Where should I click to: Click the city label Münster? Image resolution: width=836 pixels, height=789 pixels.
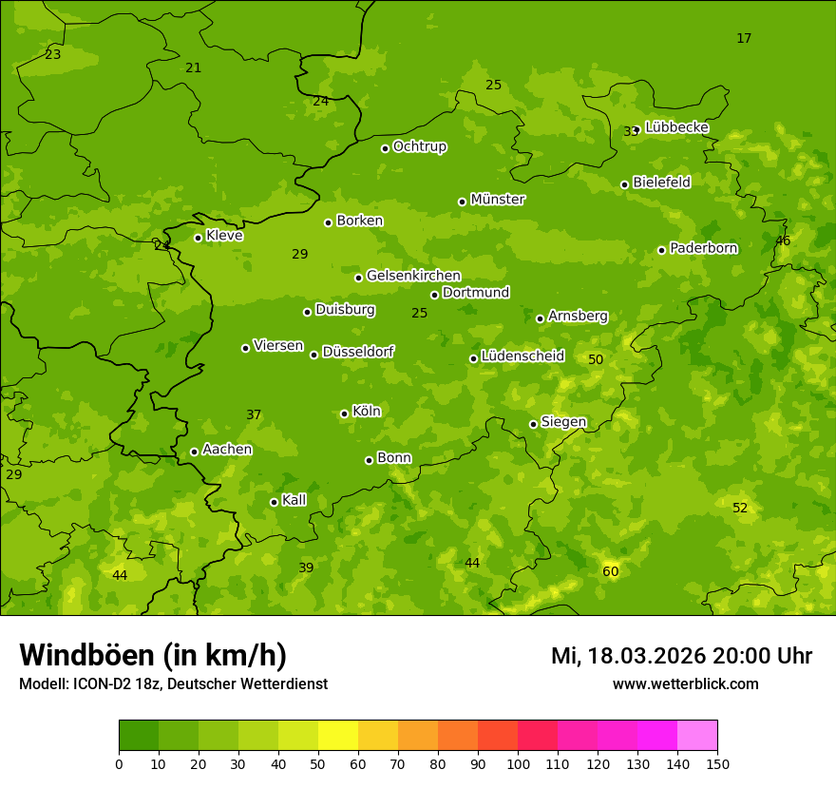(497, 200)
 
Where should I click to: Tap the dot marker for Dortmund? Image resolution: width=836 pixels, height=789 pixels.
(434, 295)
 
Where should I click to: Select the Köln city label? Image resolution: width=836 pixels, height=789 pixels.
(366, 412)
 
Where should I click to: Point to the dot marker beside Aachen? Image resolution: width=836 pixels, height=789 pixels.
(194, 452)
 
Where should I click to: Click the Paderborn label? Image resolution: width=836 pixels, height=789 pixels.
(703, 248)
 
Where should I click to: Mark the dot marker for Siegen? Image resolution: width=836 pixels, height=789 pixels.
(533, 424)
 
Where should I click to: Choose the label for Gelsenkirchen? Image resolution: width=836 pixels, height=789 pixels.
(413, 276)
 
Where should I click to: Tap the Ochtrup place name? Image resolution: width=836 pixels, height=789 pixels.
(419, 146)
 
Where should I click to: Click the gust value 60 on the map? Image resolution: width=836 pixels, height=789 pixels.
(610, 571)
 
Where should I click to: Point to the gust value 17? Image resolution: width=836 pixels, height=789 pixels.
(744, 39)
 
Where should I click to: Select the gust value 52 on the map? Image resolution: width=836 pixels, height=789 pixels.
(740, 509)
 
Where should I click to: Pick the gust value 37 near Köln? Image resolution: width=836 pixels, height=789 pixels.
(254, 415)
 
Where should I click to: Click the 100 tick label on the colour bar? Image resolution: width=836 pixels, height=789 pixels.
(518, 763)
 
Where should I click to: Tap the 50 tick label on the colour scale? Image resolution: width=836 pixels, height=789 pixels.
(318, 763)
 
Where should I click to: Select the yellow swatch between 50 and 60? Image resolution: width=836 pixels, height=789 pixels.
(338, 736)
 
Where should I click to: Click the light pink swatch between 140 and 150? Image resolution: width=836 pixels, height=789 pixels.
(697, 736)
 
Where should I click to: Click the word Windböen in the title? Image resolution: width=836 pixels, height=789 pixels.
(85, 655)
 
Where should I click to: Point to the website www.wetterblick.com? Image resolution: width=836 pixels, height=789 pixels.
(685, 684)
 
